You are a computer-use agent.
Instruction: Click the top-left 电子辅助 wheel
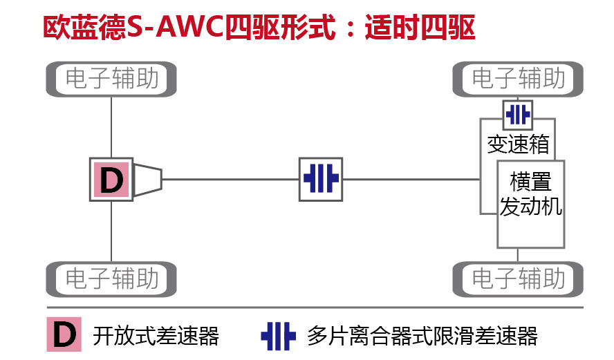(x=112, y=79)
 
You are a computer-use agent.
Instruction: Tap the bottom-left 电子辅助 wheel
(x=112, y=279)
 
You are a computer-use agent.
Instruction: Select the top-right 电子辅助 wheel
(x=518, y=79)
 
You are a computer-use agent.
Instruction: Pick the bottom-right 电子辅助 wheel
(x=518, y=279)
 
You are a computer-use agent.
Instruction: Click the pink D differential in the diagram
(x=111, y=180)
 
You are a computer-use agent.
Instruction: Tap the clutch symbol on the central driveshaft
(x=321, y=180)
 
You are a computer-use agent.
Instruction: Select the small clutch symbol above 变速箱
(x=517, y=113)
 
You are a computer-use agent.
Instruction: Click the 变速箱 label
(x=518, y=144)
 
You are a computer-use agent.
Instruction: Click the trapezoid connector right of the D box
(x=147, y=180)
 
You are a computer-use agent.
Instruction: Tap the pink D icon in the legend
(x=64, y=334)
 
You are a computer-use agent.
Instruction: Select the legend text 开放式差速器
(x=156, y=337)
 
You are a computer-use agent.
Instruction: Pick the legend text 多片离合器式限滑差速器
(x=422, y=337)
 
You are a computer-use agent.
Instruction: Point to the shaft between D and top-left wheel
(x=111, y=127)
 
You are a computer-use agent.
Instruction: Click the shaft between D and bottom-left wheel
(x=111, y=231)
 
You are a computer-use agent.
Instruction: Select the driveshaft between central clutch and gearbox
(x=411, y=180)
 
